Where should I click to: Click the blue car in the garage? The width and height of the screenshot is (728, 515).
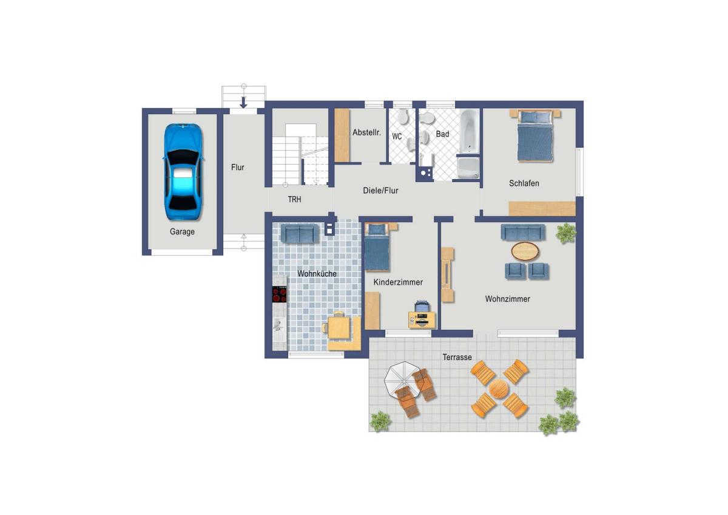click(183, 171)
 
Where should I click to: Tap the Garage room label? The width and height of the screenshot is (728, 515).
click(182, 231)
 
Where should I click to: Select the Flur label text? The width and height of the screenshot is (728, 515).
click(238, 167)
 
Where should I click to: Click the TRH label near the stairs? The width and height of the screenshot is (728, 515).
click(294, 199)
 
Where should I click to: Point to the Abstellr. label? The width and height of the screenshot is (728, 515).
click(366, 132)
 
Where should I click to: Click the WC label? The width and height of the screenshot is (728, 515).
click(397, 136)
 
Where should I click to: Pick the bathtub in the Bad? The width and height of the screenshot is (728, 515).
click(469, 131)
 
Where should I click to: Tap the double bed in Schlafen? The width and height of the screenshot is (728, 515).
click(534, 135)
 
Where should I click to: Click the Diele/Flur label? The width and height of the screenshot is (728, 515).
click(380, 191)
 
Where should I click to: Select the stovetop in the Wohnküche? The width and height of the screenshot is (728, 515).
click(280, 295)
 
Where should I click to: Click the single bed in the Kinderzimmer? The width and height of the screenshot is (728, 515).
click(377, 247)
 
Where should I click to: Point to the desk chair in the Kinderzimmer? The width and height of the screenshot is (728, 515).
click(422, 306)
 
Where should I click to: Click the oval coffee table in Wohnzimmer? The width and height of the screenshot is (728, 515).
click(525, 251)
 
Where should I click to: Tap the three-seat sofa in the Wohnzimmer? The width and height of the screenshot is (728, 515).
click(523, 233)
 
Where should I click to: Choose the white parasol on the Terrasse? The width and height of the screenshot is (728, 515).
click(402, 379)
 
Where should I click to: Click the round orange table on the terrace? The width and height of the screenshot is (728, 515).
click(499, 389)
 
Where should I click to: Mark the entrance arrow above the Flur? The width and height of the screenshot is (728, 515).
click(243, 102)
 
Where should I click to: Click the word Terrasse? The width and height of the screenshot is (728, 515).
click(457, 357)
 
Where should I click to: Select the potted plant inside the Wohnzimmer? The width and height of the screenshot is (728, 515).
click(566, 233)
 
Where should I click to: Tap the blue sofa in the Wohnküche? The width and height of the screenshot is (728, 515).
click(300, 233)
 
